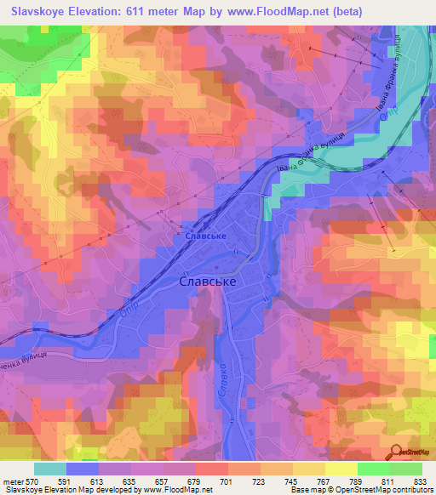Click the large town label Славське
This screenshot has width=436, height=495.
[x=208, y=281]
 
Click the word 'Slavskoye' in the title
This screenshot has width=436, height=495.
[x=38, y=12]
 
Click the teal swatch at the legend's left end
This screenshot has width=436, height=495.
[x=50, y=468]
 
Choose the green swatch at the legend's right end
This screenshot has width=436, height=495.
[x=405, y=468]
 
